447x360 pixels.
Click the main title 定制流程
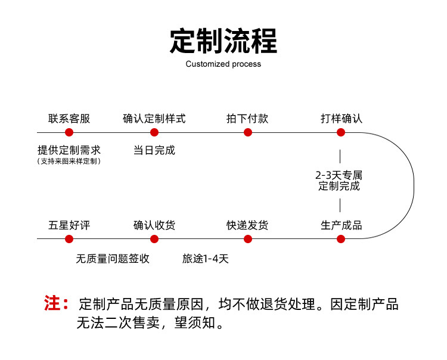[223, 41]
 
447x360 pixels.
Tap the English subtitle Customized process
[223, 64]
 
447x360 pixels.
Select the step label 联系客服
[69, 119]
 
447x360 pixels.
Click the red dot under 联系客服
[69, 132]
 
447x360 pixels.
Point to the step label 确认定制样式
[154, 119]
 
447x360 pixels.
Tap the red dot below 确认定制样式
[154, 132]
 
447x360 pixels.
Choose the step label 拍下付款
[247, 119]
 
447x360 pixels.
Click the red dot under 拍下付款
[248, 132]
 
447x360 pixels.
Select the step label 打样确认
[341, 119]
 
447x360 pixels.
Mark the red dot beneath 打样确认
[341, 132]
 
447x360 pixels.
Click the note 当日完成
[154, 150]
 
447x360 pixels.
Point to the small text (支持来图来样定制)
[69, 162]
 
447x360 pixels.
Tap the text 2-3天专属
[339, 175]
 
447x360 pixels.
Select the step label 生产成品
[341, 225]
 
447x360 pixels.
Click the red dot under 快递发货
[248, 239]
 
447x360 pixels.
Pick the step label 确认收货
[154, 225]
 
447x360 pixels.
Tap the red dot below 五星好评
[69, 239]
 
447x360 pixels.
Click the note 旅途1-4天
[206, 259]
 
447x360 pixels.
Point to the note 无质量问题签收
[113, 259]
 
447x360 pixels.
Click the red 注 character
[52, 303]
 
